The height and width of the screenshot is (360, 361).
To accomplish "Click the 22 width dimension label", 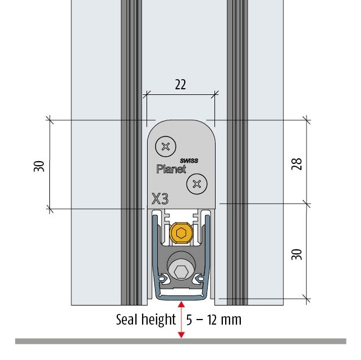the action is tap(180, 85).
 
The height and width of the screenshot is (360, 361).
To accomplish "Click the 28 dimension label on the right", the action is tap(297, 164).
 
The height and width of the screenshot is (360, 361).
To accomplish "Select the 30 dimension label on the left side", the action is tap(39, 166).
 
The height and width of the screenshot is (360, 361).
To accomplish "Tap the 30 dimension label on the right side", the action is tap(297, 254).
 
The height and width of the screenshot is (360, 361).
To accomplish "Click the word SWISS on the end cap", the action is tap(189, 161).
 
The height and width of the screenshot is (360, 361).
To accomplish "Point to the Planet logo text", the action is tap(171, 169).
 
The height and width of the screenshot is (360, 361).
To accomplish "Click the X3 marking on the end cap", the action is tap(160, 199).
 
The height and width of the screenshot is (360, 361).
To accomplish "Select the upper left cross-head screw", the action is tap(166, 147).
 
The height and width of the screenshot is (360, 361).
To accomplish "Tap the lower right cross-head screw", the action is tap(197, 184).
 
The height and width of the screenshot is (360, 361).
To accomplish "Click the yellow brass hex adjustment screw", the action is tap(181, 233).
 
